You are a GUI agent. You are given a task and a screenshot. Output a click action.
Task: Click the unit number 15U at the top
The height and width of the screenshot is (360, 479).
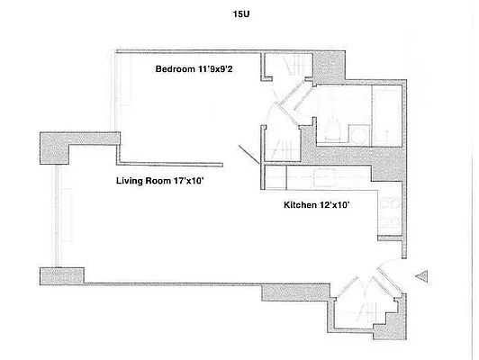239,13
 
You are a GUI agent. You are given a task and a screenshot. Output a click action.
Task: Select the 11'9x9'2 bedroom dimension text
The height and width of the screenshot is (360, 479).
225,69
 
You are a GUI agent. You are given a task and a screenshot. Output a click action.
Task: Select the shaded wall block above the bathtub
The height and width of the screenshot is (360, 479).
329,65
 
